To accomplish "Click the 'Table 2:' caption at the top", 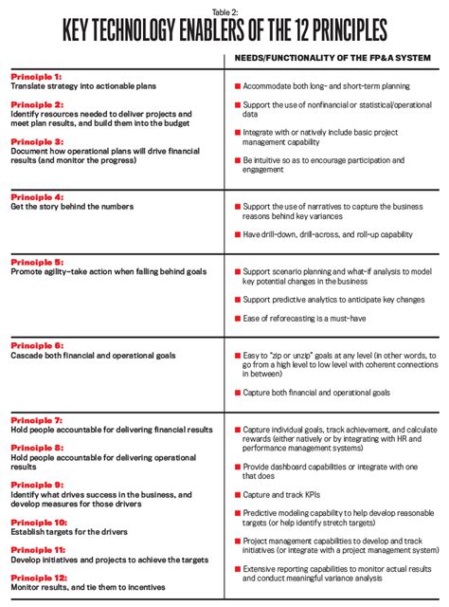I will coord(224,8).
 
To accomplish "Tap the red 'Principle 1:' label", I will coord(36,76).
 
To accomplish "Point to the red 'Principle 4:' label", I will coord(36,196).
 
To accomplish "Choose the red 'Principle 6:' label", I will coord(36,346).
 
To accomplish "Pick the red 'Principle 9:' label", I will coord(36,484).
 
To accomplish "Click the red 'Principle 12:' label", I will coord(38,576).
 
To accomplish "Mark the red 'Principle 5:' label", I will coord(36,261).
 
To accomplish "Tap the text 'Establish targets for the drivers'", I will coord(70,531).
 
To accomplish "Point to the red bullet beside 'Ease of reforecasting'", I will coord(236,318).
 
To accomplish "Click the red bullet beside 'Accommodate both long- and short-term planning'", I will coord(236,85).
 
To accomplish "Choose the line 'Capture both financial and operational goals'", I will coord(316,391).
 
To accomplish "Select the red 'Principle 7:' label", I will coord(36,418).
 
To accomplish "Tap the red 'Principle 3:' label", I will coord(36,140).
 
